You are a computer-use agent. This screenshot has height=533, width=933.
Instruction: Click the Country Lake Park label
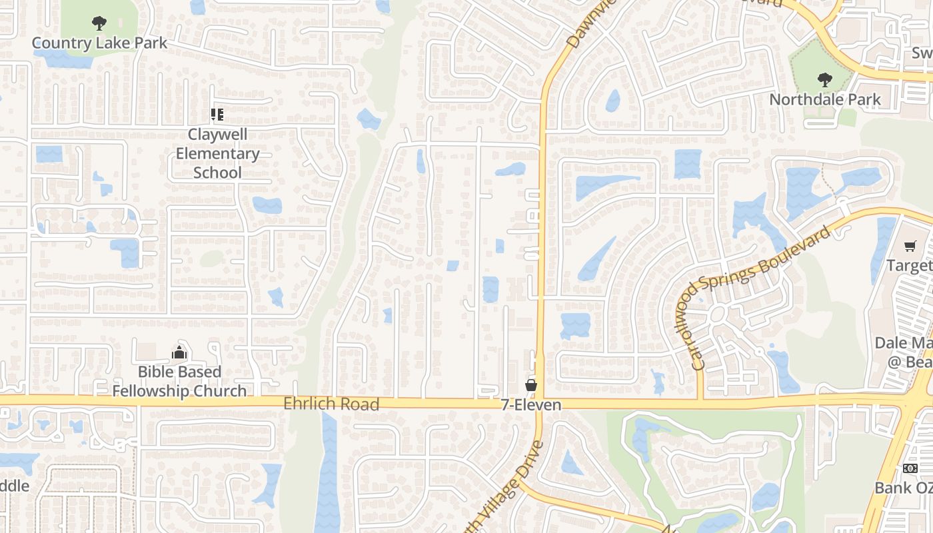pos(100,43)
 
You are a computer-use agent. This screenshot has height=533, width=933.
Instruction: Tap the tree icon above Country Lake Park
pos(99,24)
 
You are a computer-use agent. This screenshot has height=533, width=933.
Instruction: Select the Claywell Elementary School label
pos(217,153)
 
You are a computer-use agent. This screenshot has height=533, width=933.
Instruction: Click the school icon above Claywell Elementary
pos(217,115)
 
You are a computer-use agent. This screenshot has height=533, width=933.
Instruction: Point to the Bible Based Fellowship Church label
pos(179,381)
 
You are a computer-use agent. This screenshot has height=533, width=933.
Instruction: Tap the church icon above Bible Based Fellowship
pos(179,352)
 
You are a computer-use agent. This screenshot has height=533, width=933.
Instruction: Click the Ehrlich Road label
pos(331,404)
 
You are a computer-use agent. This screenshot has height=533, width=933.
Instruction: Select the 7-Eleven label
pos(531,405)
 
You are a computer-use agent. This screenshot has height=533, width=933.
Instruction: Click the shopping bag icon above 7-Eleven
pos(531,385)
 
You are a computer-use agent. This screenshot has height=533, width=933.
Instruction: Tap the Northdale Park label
pos(825,100)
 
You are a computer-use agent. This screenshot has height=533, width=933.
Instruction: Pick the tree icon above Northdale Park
pos(825,80)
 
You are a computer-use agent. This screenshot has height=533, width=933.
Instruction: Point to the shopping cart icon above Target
pos(910,247)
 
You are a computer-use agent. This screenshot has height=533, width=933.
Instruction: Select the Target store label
pos(910,266)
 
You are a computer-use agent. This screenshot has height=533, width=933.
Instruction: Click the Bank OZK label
pos(904,488)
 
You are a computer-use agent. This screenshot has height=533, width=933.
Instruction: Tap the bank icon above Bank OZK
pos(910,468)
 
